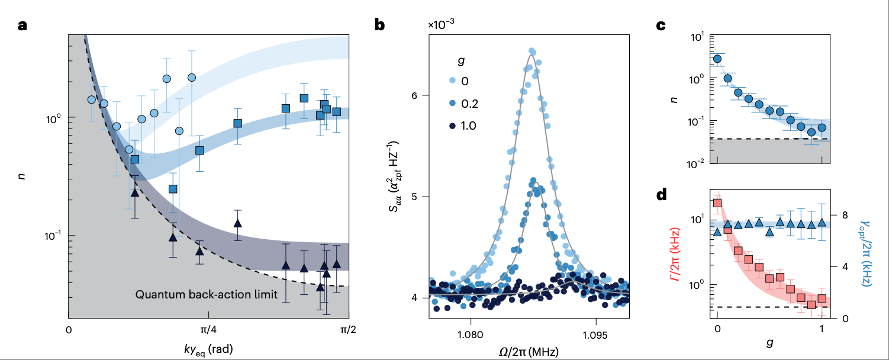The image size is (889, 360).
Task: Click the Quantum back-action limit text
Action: (x=207, y=294)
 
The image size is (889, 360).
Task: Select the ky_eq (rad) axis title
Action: (x=207, y=349)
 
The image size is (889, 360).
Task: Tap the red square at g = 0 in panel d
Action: (x=717, y=203)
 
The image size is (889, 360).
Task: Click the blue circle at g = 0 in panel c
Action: (x=717, y=59)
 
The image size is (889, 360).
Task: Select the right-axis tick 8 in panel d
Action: (x=841, y=214)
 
